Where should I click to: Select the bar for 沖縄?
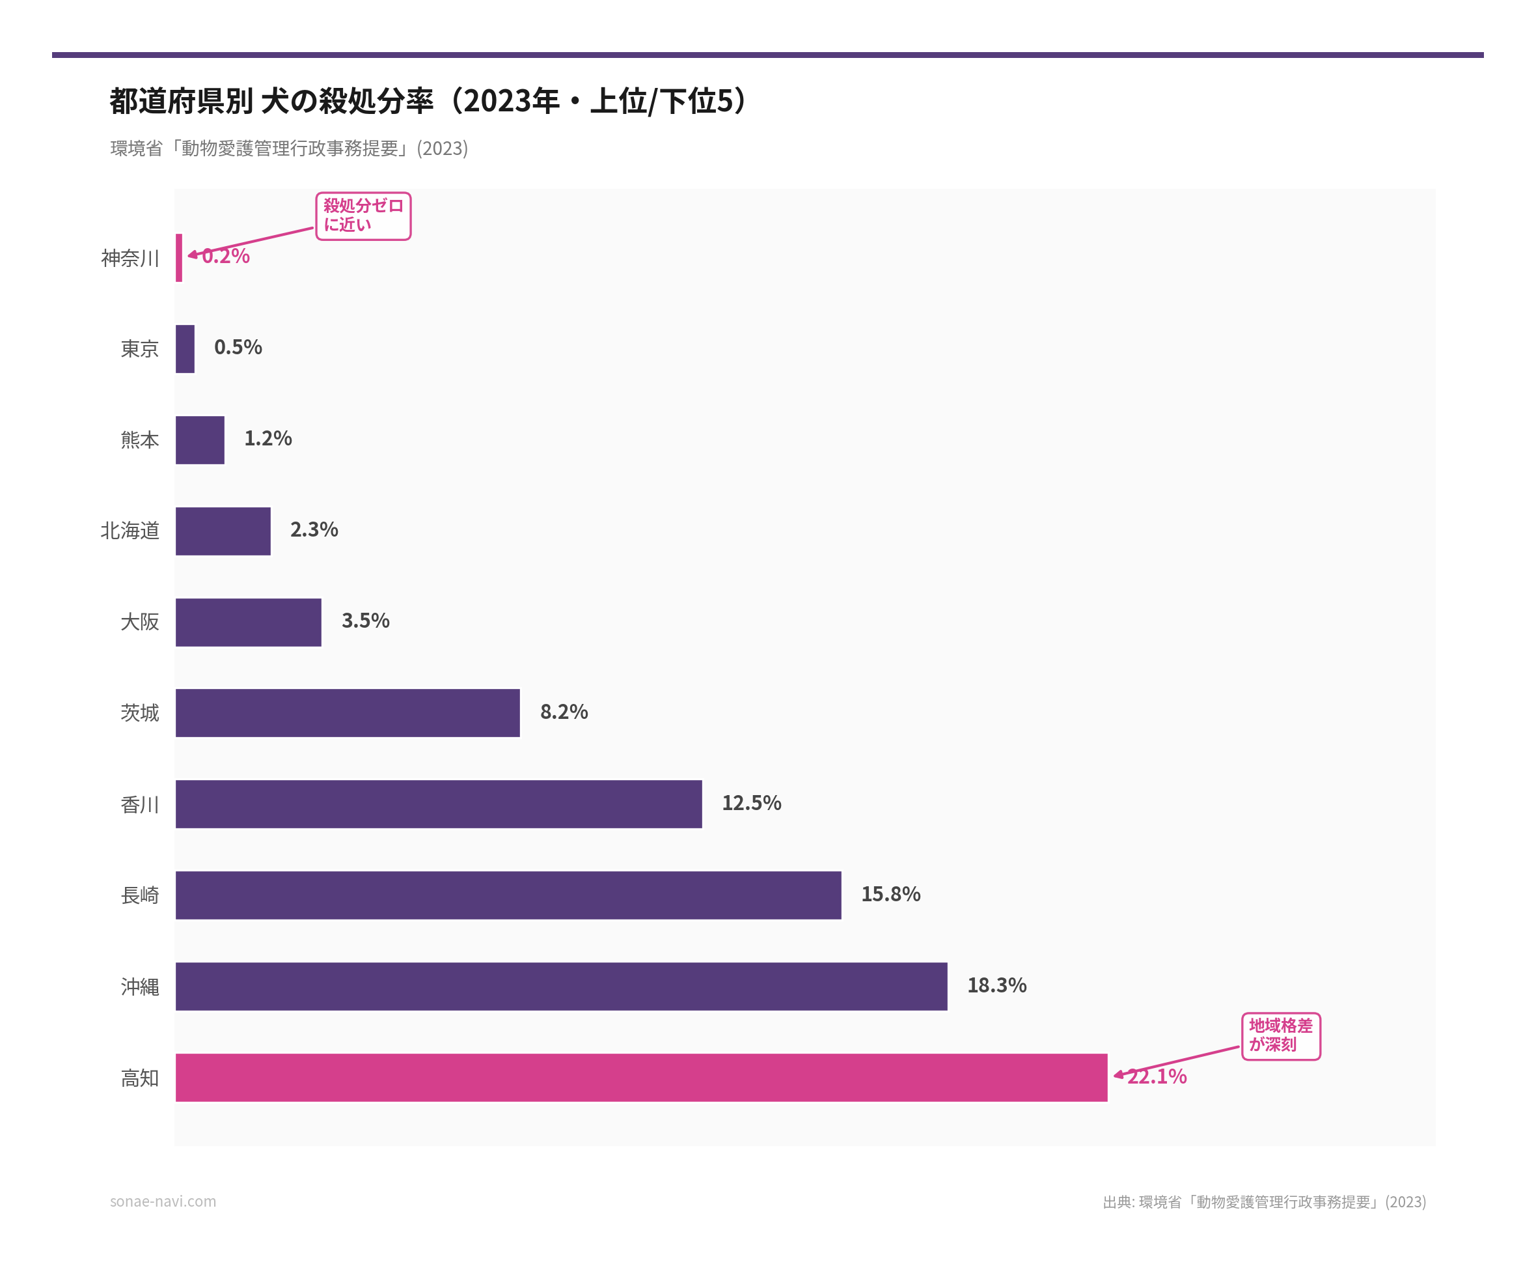[x=561, y=986]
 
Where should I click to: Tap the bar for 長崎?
[x=508, y=895]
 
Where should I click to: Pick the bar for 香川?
[x=438, y=804]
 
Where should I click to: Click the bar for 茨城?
[x=348, y=712]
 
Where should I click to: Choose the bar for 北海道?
[x=223, y=531]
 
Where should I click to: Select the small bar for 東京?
[x=185, y=348]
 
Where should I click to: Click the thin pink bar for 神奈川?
[x=179, y=257]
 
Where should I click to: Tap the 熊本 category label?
[x=139, y=440]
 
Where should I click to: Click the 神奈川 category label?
[x=130, y=258]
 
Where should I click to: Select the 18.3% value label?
[x=996, y=985]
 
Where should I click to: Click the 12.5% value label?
[x=750, y=802]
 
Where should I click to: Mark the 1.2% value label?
[x=267, y=438]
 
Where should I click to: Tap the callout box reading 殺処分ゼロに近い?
[x=363, y=216]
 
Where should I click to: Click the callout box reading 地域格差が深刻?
[x=1280, y=1035]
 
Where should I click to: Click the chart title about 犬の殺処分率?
[x=429, y=101]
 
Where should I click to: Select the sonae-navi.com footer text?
[x=163, y=1201]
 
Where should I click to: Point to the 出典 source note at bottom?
[x=1263, y=1201]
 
